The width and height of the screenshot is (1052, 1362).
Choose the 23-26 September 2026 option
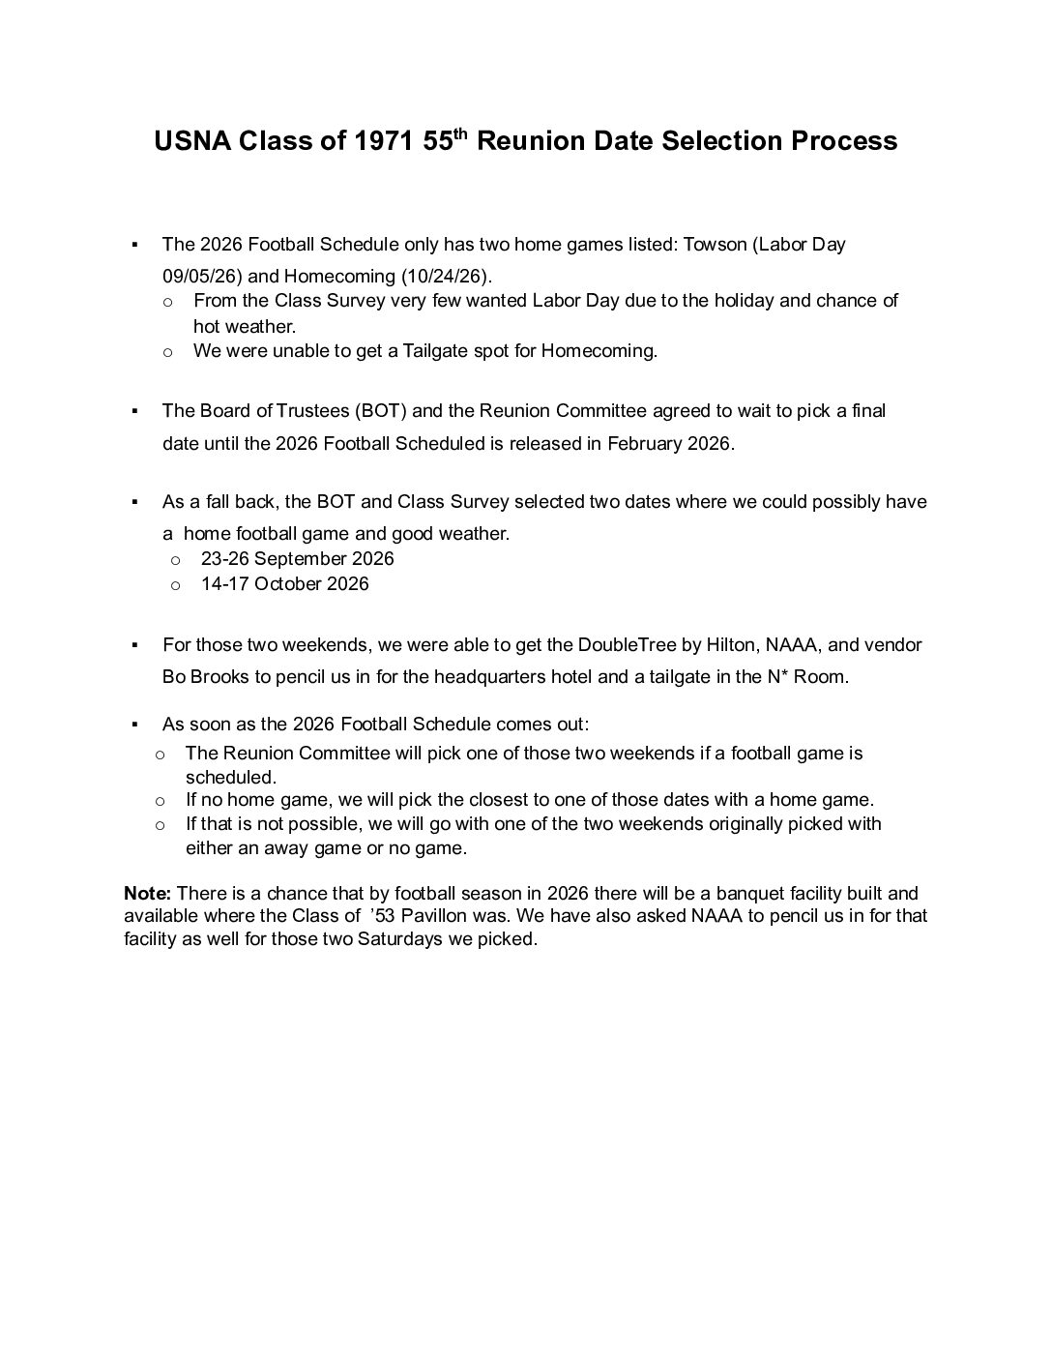click(x=297, y=558)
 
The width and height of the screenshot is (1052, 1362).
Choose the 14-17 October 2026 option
click(x=284, y=583)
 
